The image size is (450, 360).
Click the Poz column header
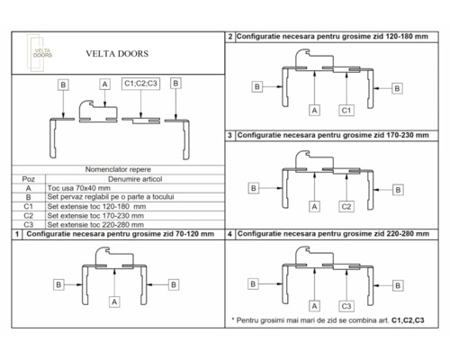click(x=29, y=179)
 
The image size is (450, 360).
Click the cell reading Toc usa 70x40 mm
click(x=79, y=188)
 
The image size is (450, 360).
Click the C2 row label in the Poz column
click(x=29, y=214)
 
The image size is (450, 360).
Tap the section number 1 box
click(x=19, y=233)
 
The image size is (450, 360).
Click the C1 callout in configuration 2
click(x=345, y=109)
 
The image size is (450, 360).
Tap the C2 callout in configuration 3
click(x=345, y=206)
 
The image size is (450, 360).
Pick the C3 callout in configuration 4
click(x=345, y=305)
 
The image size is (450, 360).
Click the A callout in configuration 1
click(x=115, y=302)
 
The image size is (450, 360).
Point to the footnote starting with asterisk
click(x=328, y=320)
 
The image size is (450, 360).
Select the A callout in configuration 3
click(x=314, y=206)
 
